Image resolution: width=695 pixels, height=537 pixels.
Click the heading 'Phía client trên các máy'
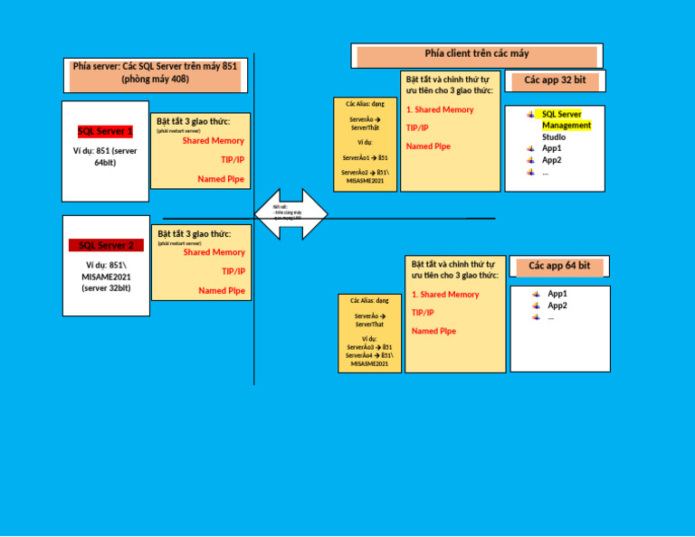(477, 54)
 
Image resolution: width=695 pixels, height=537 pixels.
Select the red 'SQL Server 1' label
(105, 131)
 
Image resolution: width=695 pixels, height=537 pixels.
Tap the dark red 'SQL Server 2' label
(106, 245)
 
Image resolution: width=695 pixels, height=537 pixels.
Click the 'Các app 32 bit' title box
(555, 80)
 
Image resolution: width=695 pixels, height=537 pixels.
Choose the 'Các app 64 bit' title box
(559, 266)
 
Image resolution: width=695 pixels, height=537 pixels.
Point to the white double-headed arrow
(290, 214)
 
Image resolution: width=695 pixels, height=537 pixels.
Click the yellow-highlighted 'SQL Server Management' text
(566, 120)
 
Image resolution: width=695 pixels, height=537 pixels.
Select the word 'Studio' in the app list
(554, 137)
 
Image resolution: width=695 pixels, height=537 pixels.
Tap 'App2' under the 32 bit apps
(552, 160)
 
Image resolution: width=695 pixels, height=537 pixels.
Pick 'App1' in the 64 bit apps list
(557, 294)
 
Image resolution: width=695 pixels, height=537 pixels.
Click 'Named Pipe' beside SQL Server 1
(221, 179)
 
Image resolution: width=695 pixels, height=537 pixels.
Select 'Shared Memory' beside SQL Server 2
(214, 252)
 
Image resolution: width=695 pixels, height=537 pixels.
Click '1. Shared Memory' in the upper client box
(440, 109)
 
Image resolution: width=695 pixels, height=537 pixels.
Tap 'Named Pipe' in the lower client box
(433, 331)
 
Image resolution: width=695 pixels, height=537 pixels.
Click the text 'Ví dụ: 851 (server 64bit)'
(105, 156)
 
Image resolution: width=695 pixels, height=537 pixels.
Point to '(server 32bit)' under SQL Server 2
(106, 287)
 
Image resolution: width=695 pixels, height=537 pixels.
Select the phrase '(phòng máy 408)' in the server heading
(156, 80)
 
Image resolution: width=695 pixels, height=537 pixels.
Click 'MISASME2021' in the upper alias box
(365, 181)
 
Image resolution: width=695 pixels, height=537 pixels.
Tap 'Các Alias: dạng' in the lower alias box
(369, 300)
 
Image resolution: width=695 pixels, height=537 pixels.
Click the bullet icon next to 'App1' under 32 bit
(531, 148)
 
